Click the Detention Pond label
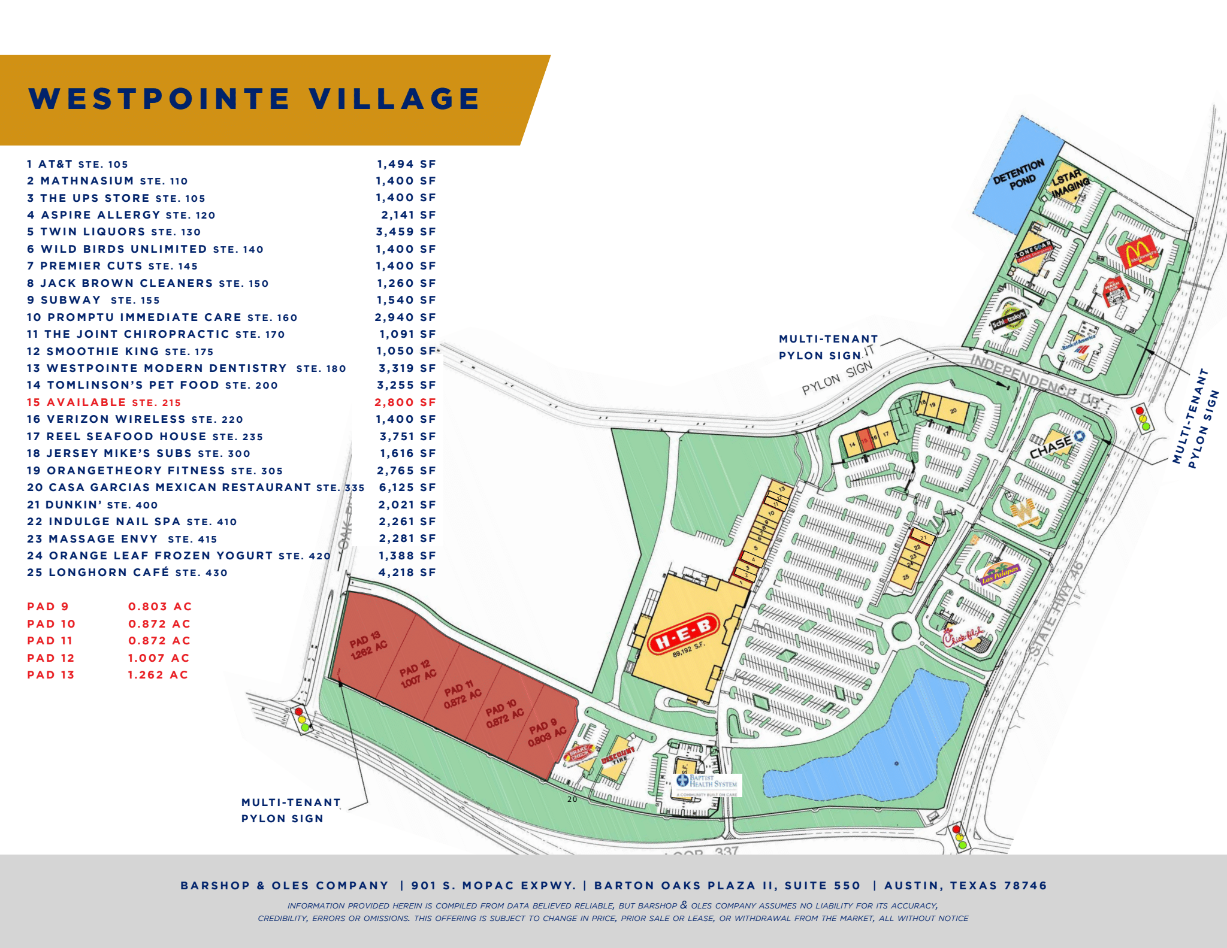point(1019,174)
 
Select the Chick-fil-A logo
point(963,637)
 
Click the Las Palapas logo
point(1000,573)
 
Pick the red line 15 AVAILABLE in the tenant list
point(104,402)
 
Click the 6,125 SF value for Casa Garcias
point(407,487)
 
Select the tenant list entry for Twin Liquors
point(114,232)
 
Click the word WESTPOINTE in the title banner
point(159,99)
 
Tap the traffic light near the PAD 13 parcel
point(301,719)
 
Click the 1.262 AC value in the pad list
point(158,675)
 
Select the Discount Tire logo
point(617,757)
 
